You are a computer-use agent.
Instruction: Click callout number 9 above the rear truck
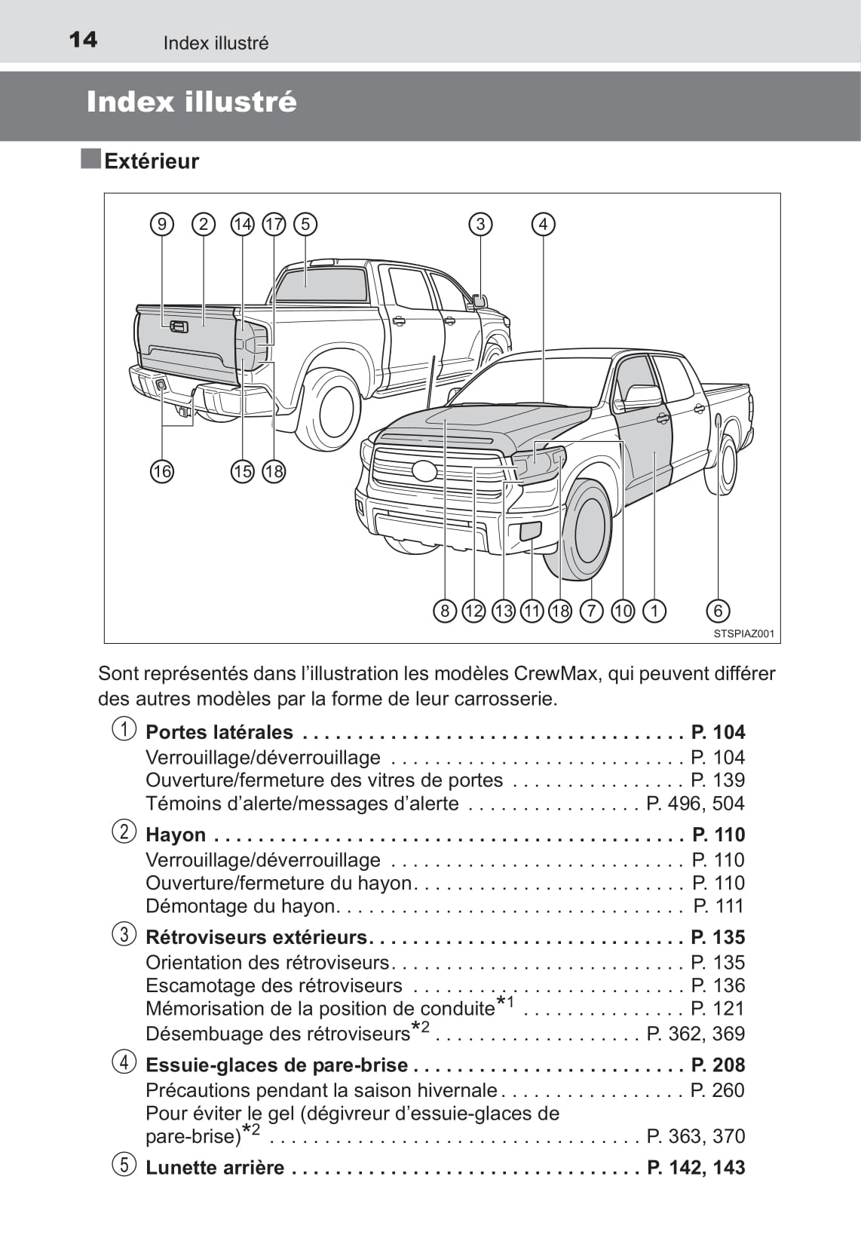[x=162, y=224]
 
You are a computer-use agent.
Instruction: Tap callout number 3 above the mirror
[x=480, y=224]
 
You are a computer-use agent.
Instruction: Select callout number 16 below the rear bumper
[x=162, y=471]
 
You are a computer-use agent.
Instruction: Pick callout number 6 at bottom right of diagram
[x=719, y=611]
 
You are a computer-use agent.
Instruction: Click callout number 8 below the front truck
[x=445, y=611]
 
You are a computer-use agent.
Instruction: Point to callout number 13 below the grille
[x=503, y=611]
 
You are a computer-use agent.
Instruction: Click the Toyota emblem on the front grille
[x=424, y=470]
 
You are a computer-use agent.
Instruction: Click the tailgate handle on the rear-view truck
[x=179, y=326]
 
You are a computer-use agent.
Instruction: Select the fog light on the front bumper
[x=530, y=530]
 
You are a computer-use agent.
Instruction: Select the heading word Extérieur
[x=152, y=161]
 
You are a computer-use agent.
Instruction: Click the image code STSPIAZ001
[x=743, y=634]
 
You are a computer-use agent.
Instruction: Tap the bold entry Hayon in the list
[x=176, y=835]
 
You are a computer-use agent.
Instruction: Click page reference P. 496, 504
[x=695, y=804]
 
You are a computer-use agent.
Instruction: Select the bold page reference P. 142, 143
[x=695, y=1167]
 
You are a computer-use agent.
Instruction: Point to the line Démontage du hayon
[x=241, y=906]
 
